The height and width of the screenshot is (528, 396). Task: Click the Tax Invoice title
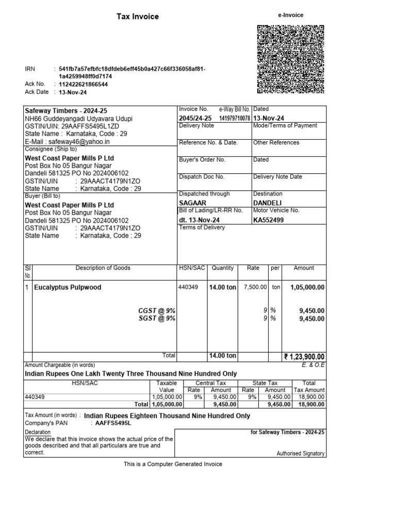tap(138, 16)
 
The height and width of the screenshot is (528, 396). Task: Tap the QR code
tap(290, 59)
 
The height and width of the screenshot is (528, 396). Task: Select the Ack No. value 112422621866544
tap(84, 84)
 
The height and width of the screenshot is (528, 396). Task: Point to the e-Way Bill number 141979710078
tap(234, 119)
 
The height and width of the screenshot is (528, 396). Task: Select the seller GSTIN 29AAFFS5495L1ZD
tap(90, 126)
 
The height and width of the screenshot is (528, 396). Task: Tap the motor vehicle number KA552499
tap(269, 220)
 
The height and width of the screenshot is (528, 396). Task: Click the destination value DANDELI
tap(268, 202)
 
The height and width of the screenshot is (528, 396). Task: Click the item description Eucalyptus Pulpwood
tap(68, 287)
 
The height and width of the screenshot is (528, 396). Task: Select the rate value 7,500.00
tap(255, 287)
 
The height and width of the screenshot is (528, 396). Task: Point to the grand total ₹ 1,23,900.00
tap(304, 356)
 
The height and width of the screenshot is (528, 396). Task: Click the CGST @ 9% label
tap(157, 310)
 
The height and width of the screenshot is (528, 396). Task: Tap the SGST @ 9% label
tap(157, 319)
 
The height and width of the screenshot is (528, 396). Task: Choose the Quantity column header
tap(222, 268)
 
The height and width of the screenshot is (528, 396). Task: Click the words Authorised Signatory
tap(301, 454)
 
